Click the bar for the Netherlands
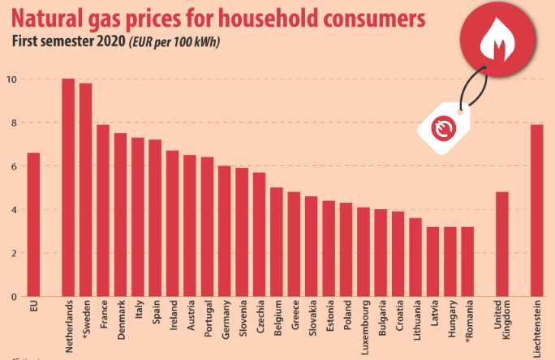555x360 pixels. coord(68,187)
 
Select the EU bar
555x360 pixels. coord(33,225)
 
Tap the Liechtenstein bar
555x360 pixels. coord(536,211)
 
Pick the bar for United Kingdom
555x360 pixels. coord(501,244)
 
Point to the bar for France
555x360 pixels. coord(103,211)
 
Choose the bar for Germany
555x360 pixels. coord(225,231)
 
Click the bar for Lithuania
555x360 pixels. coord(415,257)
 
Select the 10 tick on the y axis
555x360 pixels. coord(12,79)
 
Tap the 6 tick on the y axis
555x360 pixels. coord(12,166)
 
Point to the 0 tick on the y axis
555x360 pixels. coord(12,297)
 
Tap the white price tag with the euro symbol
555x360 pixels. coord(443,127)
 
